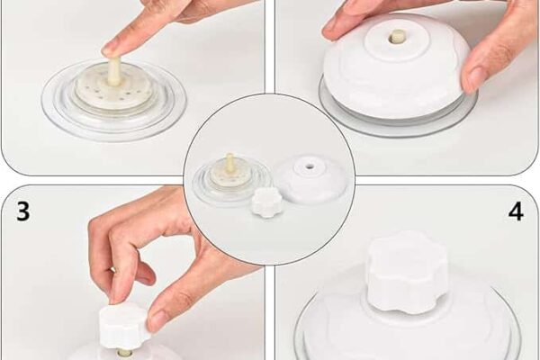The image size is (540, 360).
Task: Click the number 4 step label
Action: pos(516,212)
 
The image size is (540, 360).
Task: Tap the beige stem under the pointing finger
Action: pos(114,72)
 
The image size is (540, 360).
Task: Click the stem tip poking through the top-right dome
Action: pos(396,37)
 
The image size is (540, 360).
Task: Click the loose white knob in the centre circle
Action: pos(266,202)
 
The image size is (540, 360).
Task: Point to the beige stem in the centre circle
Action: pos(230,165)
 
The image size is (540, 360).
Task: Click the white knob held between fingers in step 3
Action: pos(123,325)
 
